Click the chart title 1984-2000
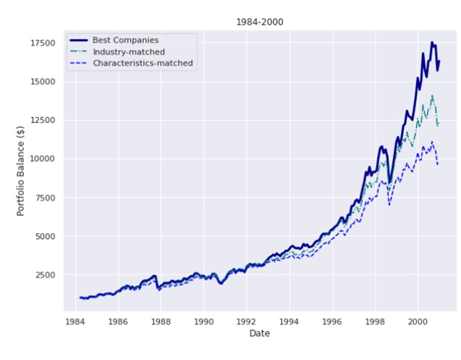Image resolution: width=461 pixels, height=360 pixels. pos(259,22)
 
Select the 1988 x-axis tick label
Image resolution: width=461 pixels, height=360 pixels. pos(161,319)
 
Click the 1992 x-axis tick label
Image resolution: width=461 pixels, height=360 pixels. pos(246,319)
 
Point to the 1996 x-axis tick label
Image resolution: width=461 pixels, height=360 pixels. pos(331,319)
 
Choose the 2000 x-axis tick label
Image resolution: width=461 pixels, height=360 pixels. pos(417,319)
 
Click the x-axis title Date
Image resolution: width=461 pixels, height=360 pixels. pos(259,332)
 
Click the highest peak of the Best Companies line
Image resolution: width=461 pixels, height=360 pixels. pos(432,43)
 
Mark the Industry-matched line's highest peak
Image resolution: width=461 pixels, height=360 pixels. pos(432,95)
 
